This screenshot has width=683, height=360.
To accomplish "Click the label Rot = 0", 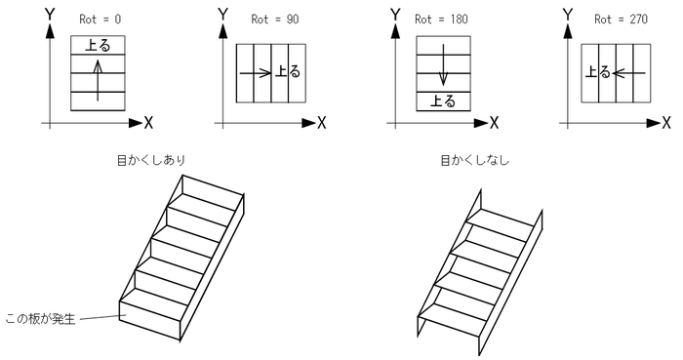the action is click(100, 20).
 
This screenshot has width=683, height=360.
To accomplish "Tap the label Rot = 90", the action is click(275, 20).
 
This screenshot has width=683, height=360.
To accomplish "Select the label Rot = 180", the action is click(441, 20).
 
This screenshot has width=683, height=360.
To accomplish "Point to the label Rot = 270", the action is click(621, 20).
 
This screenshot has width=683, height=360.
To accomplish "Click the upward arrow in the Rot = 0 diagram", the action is click(98, 81).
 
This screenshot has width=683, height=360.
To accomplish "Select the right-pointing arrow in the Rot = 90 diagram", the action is click(256, 73).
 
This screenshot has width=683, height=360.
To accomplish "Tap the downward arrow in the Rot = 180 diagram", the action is click(443, 64).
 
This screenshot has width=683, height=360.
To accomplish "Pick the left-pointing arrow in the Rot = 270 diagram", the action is click(628, 73).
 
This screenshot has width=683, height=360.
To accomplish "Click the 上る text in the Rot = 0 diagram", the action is click(98, 45).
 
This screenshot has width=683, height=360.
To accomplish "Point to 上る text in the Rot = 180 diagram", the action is click(443, 101).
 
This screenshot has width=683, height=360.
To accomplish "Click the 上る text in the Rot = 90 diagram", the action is click(288, 71).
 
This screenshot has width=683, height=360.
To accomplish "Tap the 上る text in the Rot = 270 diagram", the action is click(597, 71).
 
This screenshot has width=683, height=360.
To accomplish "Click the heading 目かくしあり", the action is click(151, 160).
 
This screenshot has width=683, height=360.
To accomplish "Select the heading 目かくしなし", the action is click(475, 160).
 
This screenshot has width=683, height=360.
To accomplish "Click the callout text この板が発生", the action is click(41, 319).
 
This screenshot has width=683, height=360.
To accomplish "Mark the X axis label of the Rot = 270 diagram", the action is click(666, 123).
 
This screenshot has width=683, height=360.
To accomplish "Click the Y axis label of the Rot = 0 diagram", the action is click(50, 15).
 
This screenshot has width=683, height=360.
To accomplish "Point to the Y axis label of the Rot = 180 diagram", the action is click(395, 15).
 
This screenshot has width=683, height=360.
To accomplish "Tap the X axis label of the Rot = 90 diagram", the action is click(321, 123).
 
